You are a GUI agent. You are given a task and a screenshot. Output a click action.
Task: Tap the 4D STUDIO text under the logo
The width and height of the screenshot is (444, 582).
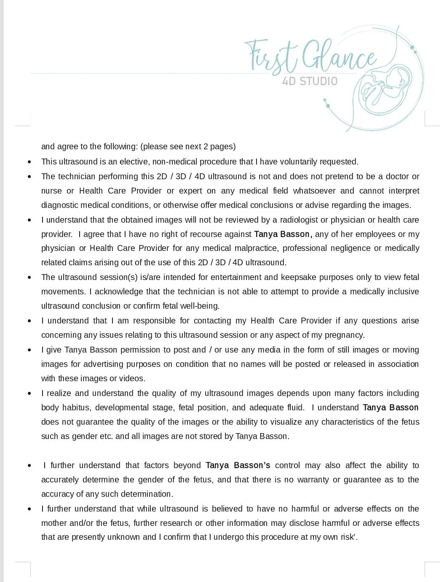(x=310, y=81)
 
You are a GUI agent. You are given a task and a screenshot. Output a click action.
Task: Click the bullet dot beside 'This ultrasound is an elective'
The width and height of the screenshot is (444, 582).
(x=29, y=162)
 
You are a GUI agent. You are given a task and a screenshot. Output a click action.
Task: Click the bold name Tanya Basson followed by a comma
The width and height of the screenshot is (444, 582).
(x=283, y=234)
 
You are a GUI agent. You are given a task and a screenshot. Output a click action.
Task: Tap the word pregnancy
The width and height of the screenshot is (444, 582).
(x=345, y=335)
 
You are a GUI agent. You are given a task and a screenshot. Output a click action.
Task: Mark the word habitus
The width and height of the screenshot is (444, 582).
(x=77, y=407)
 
